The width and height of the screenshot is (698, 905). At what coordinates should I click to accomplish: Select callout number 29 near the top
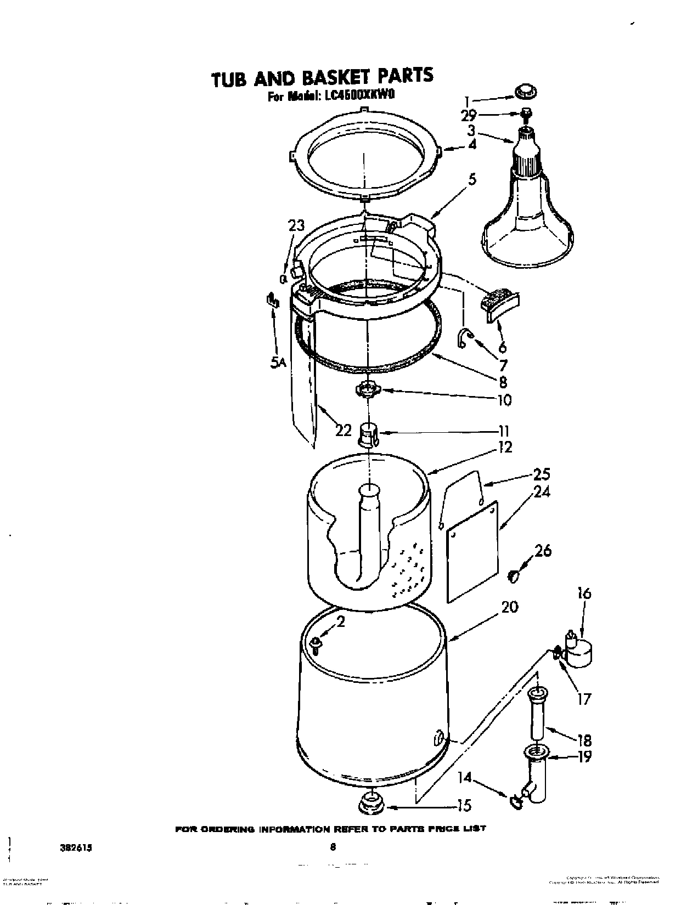(x=470, y=116)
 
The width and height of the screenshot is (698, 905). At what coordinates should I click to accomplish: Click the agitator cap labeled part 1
(x=526, y=92)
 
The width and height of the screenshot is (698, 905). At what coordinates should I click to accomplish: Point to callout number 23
(x=296, y=227)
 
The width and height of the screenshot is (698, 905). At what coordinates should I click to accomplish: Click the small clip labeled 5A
(x=271, y=300)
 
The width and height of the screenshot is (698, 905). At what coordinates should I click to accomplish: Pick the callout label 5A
(x=279, y=362)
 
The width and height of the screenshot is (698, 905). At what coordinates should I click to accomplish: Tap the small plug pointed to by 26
(x=514, y=575)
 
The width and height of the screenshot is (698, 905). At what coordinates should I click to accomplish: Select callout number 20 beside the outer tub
(x=509, y=607)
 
